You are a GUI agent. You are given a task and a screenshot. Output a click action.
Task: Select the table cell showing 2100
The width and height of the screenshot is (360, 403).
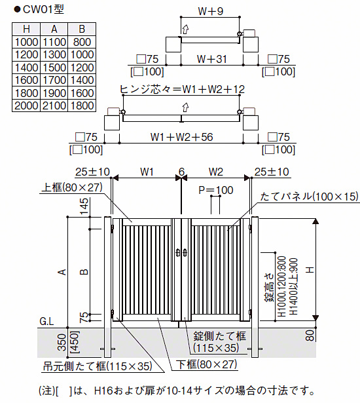click(54, 106)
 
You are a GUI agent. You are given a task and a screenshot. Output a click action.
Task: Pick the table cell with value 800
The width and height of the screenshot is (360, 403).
click(82, 42)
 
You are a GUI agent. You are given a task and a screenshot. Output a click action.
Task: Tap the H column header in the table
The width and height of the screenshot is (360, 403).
click(26, 29)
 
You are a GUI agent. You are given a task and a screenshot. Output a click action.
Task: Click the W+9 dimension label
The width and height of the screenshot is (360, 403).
click(211, 11)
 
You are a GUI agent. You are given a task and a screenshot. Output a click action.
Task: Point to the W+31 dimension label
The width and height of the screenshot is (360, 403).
click(212, 59)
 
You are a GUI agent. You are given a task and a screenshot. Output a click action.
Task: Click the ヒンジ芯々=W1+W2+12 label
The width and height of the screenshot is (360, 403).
click(182, 89)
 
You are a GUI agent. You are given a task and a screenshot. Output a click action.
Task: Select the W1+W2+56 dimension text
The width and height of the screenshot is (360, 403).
click(181, 137)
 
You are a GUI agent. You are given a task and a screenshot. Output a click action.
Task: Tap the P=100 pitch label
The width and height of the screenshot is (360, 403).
click(216, 190)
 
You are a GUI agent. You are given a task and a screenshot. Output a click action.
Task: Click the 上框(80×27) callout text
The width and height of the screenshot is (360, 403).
click(72, 187)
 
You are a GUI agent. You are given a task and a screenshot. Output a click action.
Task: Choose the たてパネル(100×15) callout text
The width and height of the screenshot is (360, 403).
click(309, 197)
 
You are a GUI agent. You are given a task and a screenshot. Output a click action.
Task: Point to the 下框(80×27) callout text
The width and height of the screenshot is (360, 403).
click(206, 364)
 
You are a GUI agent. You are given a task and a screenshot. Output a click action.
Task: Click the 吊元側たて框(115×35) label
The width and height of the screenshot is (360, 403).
click(98, 366)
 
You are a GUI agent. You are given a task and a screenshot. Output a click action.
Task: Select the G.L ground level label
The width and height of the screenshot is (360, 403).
click(46, 321)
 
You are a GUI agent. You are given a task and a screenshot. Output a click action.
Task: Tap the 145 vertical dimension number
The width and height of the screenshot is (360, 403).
click(84, 206)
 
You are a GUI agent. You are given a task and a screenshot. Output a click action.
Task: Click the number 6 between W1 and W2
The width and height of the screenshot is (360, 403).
click(181, 172)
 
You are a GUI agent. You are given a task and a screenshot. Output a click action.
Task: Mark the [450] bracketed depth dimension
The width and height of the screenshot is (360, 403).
click(75, 342)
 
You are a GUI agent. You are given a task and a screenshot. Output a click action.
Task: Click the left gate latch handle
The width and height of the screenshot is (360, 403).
click(178, 253)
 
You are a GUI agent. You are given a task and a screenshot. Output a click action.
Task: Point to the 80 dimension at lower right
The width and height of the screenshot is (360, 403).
click(310, 336)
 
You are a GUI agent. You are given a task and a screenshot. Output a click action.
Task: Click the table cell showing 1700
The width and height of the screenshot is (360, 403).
click(54, 80)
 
